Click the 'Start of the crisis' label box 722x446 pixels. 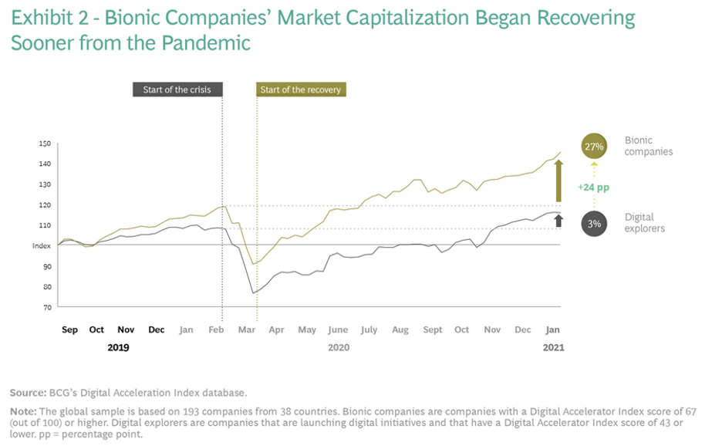click(x=177, y=90)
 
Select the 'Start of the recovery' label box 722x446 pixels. click(x=300, y=90)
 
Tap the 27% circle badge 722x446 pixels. click(x=594, y=146)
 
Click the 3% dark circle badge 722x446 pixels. click(x=594, y=224)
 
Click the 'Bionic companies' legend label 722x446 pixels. click(x=648, y=146)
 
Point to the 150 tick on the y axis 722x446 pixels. click(x=45, y=144)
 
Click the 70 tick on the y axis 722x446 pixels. click(x=46, y=307)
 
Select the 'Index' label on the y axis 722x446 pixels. click(x=42, y=245)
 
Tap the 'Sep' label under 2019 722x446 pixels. click(x=70, y=329)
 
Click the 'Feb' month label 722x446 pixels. click(x=217, y=329)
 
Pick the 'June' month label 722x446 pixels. click(x=338, y=329)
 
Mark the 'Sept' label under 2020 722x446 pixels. click(x=433, y=329)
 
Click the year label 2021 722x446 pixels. click(x=553, y=347)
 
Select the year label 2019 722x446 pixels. click(x=118, y=347)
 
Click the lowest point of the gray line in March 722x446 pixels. click(x=252, y=293)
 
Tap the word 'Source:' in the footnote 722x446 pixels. click(x=27, y=393)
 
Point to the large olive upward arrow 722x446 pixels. click(x=559, y=181)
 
